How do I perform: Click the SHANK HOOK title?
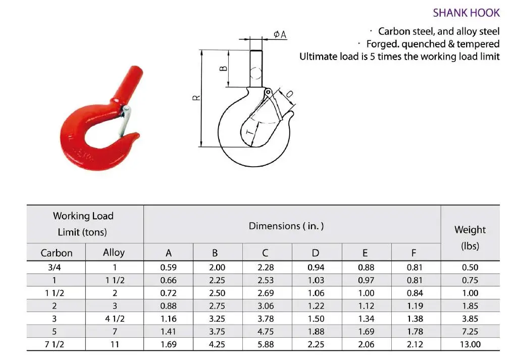[466, 13]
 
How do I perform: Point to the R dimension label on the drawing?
[198, 98]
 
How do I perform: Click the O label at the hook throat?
[289, 94]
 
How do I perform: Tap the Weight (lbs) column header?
[470, 238]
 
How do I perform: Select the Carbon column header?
[57, 253]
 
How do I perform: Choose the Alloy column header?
[114, 252]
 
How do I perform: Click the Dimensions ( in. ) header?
[286, 226]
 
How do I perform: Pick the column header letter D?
[316, 253]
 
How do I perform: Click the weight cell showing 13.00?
[470, 344]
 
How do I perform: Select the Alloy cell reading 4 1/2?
[114, 319]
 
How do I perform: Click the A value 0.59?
[168, 268]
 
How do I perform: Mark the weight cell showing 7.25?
[470, 332]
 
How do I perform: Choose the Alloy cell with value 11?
[114, 344]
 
